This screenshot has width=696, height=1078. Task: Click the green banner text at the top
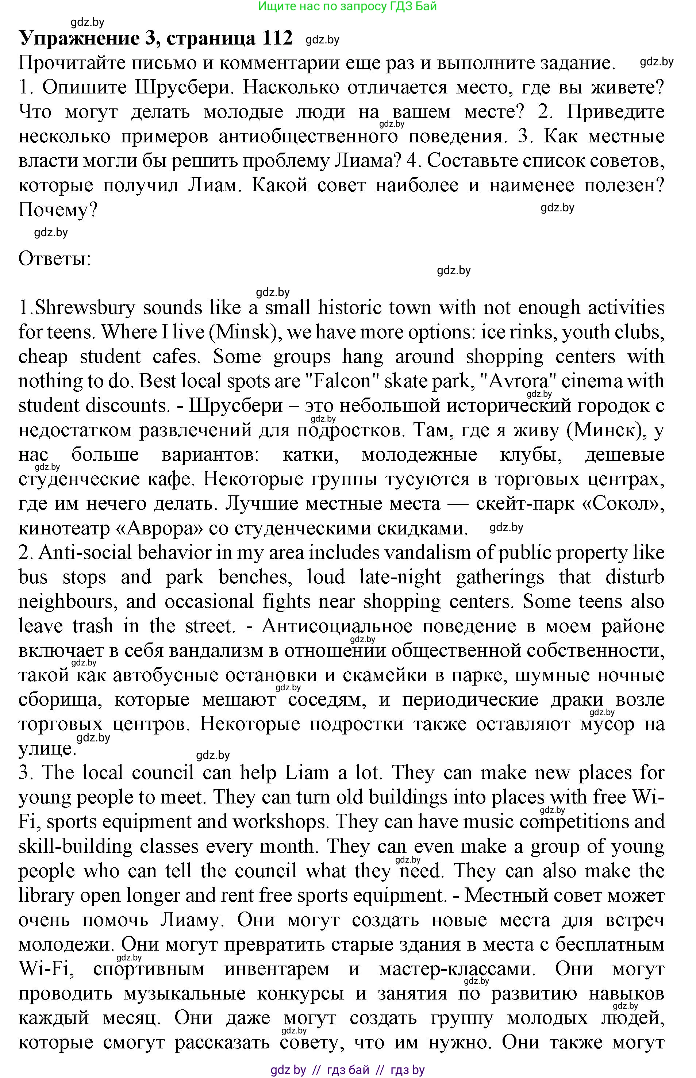pyautogui.click(x=347, y=6)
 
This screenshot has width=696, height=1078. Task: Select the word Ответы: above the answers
pyautogui.click(x=55, y=259)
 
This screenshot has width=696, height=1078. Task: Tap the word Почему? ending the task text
pyautogui.click(x=58, y=210)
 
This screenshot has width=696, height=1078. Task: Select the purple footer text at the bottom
pyautogui.click(x=347, y=1069)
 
